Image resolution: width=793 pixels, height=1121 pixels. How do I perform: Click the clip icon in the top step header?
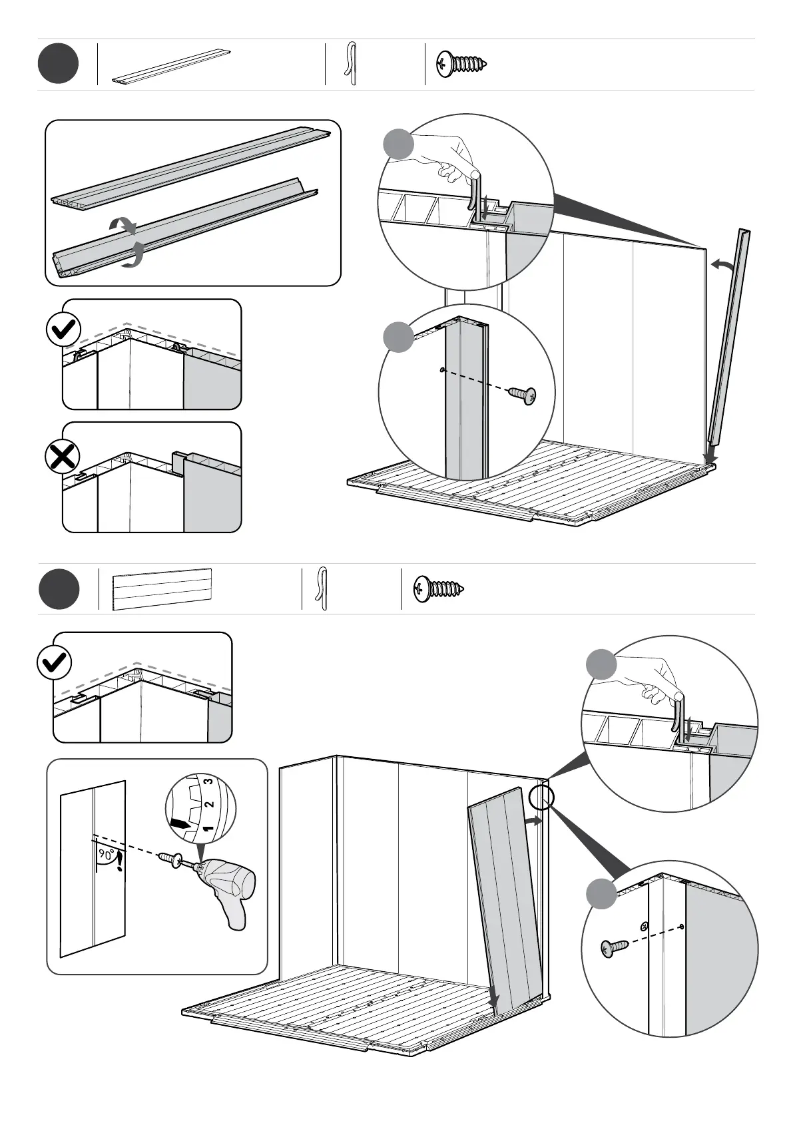pos(351,65)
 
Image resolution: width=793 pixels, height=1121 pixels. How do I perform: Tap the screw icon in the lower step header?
pos(439,588)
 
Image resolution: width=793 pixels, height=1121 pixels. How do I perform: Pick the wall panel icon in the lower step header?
pos(162,589)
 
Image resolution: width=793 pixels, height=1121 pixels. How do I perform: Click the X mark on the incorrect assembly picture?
pos(62,457)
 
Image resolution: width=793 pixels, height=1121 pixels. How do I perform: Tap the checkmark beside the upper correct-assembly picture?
pos(64,329)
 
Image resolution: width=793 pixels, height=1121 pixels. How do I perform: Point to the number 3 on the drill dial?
pos(208,781)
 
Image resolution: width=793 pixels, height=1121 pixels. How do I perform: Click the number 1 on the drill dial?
pos(207,829)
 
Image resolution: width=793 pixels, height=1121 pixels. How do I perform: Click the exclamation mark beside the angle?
pos(119,863)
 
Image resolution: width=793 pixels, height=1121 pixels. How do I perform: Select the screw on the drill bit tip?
pos(168,859)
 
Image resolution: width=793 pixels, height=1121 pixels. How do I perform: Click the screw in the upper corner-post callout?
pos(523,395)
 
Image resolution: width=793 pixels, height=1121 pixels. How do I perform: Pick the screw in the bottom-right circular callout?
pos(615,948)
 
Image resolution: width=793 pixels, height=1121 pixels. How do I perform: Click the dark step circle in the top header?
pos(58,64)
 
